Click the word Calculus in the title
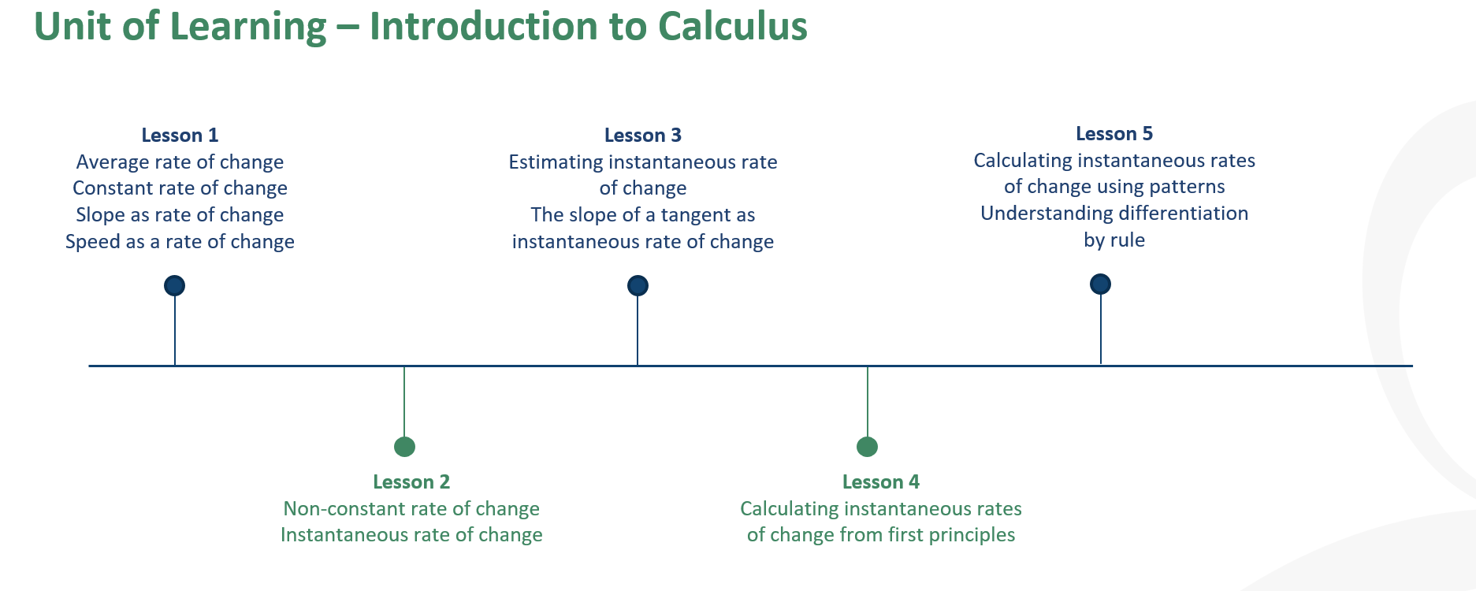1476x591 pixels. (x=732, y=26)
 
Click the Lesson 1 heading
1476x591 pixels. (x=180, y=136)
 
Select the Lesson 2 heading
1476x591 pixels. (x=411, y=482)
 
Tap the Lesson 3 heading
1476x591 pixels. (x=643, y=136)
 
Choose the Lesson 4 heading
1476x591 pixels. (x=881, y=482)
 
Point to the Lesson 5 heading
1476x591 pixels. (x=1114, y=134)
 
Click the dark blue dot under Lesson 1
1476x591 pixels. (x=174, y=285)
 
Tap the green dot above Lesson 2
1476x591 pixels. (x=404, y=447)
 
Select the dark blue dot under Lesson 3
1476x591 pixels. (x=638, y=285)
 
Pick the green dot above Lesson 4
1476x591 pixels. (x=867, y=447)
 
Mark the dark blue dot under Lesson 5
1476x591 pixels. (x=1100, y=284)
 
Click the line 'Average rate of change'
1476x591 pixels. (x=180, y=162)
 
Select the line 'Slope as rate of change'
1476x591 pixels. (x=180, y=215)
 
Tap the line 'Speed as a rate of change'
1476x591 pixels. (x=180, y=242)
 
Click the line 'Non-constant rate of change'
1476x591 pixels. (x=411, y=509)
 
